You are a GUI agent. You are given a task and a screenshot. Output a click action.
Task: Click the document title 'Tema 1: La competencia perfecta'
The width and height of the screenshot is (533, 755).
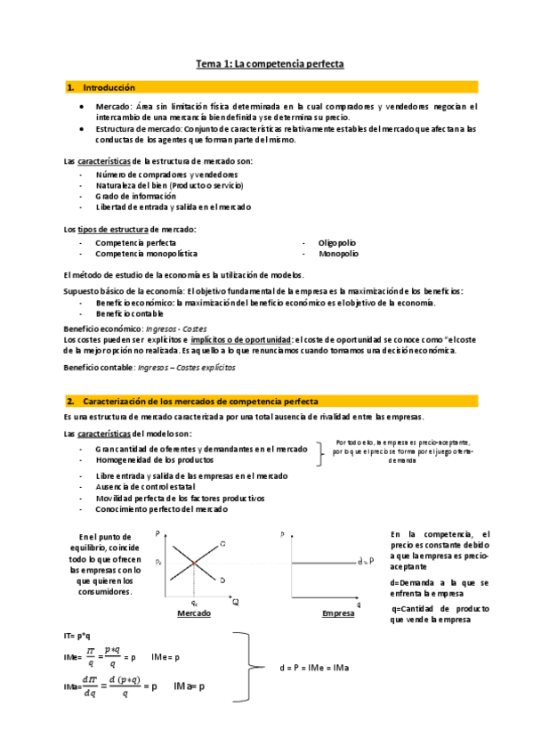(x=270, y=64)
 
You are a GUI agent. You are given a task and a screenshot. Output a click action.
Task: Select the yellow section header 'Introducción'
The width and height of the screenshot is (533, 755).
(x=109, y=87)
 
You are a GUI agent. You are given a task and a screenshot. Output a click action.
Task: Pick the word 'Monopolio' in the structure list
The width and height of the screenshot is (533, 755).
(x=338, y=254)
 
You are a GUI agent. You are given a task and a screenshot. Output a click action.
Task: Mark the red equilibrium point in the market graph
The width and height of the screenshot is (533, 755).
(x=193, y=563)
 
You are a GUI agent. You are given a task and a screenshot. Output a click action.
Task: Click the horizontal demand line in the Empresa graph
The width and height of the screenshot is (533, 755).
(x=320, y=562)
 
